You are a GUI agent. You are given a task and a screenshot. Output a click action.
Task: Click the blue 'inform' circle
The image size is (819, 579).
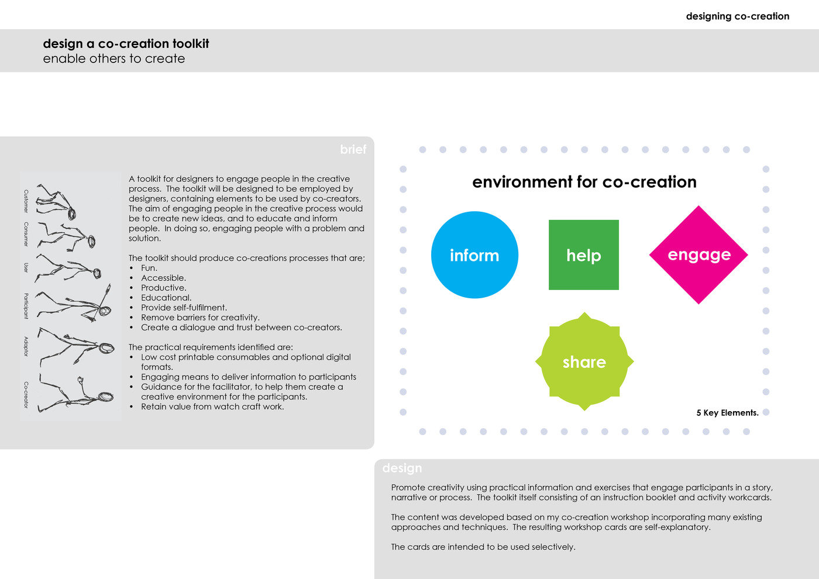[474, 255]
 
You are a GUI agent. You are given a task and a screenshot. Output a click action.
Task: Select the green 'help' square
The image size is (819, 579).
[583, 255]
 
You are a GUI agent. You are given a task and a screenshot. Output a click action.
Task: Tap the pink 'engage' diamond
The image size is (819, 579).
[698, 254]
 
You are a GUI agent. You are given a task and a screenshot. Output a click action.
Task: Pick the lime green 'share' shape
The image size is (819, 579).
[584, 362]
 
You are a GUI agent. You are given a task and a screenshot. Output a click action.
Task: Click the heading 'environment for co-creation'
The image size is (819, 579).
[584, 182]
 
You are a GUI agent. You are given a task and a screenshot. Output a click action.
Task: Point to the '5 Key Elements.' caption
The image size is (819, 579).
[727, 413]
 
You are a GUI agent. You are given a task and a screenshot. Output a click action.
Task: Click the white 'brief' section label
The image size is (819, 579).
[353, 150]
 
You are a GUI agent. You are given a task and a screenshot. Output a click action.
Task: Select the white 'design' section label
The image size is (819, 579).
[402, 468]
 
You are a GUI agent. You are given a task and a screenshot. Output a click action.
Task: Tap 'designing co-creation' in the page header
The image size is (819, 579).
[737, 16]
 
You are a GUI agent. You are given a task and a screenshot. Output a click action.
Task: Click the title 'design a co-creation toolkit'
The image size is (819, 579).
[126, 44]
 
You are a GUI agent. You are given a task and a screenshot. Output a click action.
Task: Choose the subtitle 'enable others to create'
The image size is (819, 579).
[114, 58]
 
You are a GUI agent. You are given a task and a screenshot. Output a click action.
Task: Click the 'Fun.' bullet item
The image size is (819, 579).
[149, 268]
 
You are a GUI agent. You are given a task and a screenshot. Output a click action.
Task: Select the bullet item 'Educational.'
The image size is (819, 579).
[166, 298]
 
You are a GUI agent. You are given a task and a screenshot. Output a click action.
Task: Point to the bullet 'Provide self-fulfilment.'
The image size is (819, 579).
[184, 308]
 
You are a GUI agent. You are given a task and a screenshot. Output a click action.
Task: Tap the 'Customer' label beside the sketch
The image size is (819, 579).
[26, 201]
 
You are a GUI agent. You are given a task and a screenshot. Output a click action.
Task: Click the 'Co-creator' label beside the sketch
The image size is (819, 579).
[26, 395]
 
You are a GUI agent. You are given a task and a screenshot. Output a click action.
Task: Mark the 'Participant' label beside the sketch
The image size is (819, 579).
[26, 305]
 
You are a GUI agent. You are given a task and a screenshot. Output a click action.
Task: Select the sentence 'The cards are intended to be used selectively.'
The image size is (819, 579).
[483, 547]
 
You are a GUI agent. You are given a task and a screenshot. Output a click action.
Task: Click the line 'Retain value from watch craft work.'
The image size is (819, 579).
[212, 406]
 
